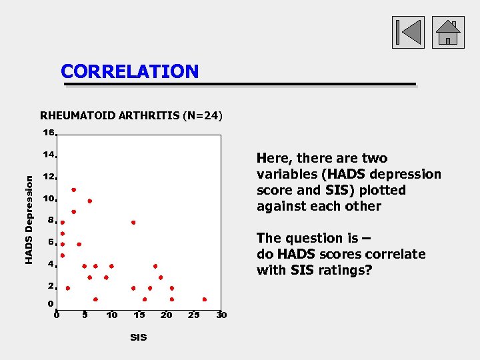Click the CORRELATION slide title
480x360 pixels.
129,71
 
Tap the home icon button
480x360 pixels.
448,33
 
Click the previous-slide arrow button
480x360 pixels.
408,33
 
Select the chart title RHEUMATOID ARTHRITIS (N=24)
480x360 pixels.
131,115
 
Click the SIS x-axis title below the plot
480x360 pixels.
139,337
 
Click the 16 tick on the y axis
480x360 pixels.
49,133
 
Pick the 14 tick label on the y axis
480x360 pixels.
49,155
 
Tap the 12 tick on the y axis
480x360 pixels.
49,177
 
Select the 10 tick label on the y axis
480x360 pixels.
49,199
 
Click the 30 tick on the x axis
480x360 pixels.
221,315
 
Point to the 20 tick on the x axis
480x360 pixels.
167,315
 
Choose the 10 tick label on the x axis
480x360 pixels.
112,315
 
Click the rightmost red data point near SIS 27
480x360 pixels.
205,299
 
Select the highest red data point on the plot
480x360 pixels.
73,190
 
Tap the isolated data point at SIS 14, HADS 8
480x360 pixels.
133,222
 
